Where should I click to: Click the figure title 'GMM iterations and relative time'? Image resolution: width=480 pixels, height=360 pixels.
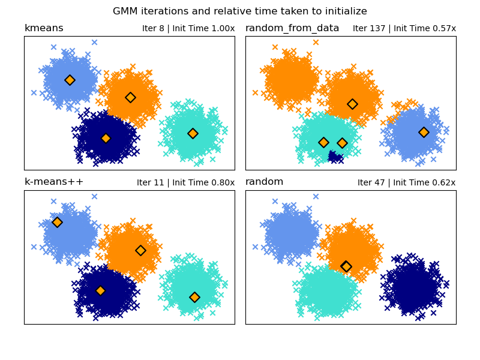240,11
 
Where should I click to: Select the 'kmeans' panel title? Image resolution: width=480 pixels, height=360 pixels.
44,28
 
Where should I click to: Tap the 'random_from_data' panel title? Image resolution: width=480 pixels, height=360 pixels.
292,28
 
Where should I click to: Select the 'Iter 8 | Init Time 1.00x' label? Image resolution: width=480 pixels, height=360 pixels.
188,29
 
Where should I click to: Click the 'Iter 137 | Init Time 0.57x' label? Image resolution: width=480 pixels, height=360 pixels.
404,29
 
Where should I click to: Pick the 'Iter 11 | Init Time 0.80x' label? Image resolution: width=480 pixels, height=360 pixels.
185,183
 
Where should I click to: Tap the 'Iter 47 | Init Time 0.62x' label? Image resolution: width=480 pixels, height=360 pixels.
406,183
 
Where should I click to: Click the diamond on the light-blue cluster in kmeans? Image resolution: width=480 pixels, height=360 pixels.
70,80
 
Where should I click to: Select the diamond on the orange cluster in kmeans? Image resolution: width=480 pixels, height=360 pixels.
130,97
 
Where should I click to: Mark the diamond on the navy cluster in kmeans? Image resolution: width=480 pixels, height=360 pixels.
106,138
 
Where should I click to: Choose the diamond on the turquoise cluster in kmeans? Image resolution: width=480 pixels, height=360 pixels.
193,133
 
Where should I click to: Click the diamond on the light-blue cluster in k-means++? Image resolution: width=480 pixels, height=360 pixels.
57,222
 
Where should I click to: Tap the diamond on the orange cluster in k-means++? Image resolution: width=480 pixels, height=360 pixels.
140,250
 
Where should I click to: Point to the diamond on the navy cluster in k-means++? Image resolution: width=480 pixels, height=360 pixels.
100,290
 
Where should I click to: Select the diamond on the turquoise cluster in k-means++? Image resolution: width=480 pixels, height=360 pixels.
194,297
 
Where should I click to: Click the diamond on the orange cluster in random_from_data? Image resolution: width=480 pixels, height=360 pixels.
352,104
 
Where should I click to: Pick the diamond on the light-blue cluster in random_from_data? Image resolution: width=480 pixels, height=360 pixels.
424,132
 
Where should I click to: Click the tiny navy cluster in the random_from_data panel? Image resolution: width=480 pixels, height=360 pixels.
335,157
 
